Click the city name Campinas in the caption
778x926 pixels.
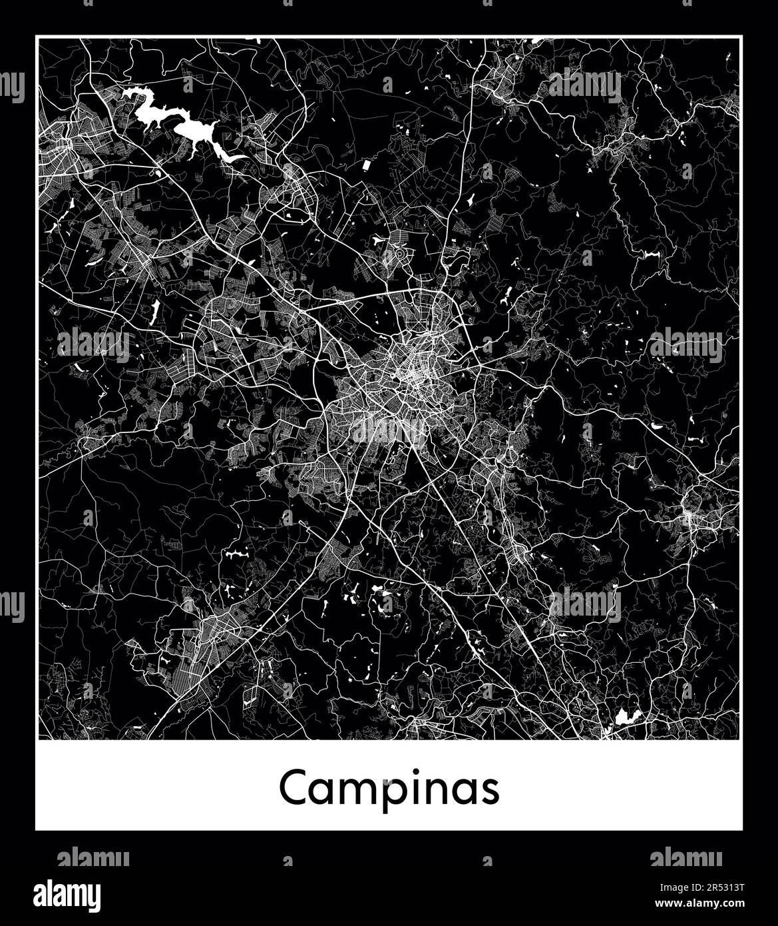point(389,788)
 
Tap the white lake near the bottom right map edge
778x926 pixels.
point(627,716)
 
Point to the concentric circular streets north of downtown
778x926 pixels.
point(401,254)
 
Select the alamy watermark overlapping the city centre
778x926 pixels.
point(389,432)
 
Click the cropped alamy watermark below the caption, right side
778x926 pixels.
point(685,856)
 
